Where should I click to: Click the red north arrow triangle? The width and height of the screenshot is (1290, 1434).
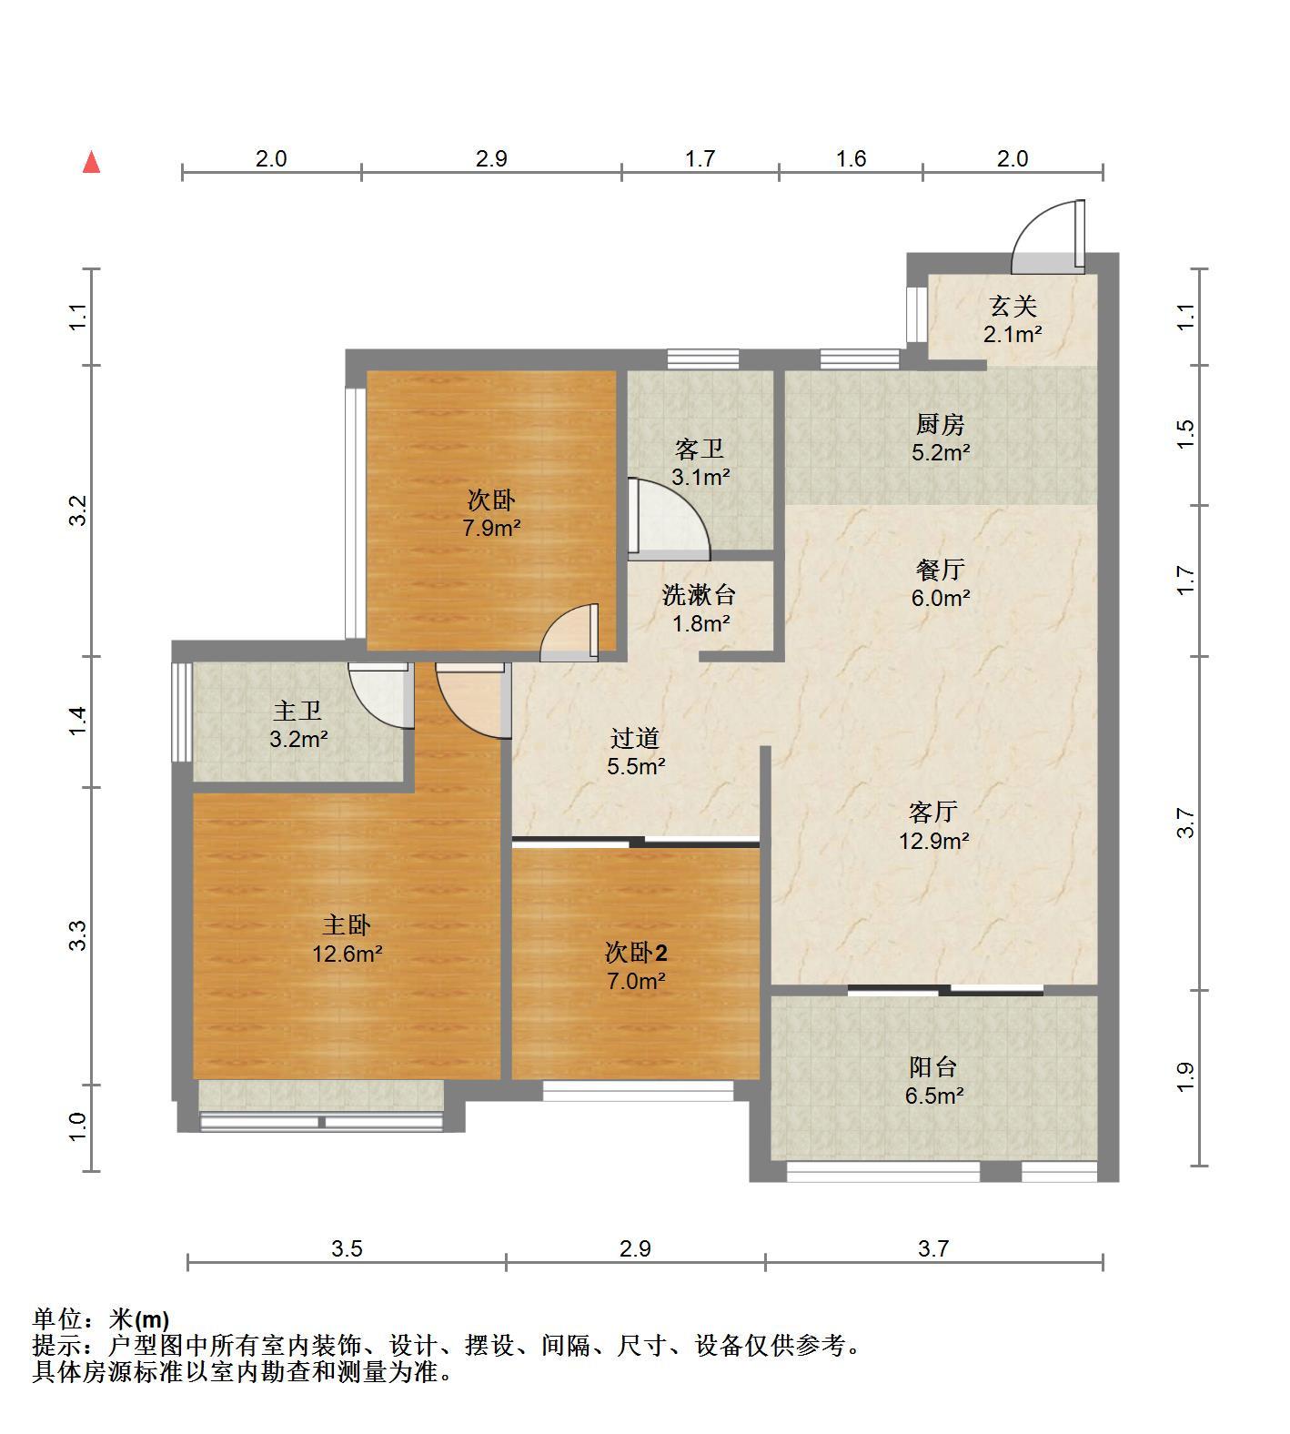(x=91, y=162)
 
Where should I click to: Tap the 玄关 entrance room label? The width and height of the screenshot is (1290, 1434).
(x=1013, y=307)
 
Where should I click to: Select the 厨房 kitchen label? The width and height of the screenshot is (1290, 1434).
(x=941, y=424)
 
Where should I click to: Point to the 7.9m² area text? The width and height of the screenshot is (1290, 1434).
(x=491, y=527)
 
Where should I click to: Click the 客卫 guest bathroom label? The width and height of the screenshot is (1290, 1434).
(x=700, y=449)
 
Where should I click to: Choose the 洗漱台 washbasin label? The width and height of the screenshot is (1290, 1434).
(x=699, y=595)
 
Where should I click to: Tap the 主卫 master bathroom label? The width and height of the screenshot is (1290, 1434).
(x=297, y=711)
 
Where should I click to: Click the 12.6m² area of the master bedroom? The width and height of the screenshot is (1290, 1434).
(x=347, y=954)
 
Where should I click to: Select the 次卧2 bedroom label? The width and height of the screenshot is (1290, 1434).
(x=636, y=953)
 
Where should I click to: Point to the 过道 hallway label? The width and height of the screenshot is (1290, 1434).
(x=635, y=738)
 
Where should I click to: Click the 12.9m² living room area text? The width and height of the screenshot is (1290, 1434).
(x=934, y=840)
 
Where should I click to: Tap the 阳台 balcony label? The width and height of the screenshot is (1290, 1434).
(x=933, y=1067)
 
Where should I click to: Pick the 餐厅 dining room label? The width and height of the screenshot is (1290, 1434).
(x=941, y=570)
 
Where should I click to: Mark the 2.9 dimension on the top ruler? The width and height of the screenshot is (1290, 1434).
(x=491, y=158)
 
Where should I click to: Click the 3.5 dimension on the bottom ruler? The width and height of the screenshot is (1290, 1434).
(x=347, y=1248)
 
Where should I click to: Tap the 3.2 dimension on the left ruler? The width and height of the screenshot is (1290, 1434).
(x=78, y=510)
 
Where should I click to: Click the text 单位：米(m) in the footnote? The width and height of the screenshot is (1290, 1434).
(x=101, y=1318)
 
